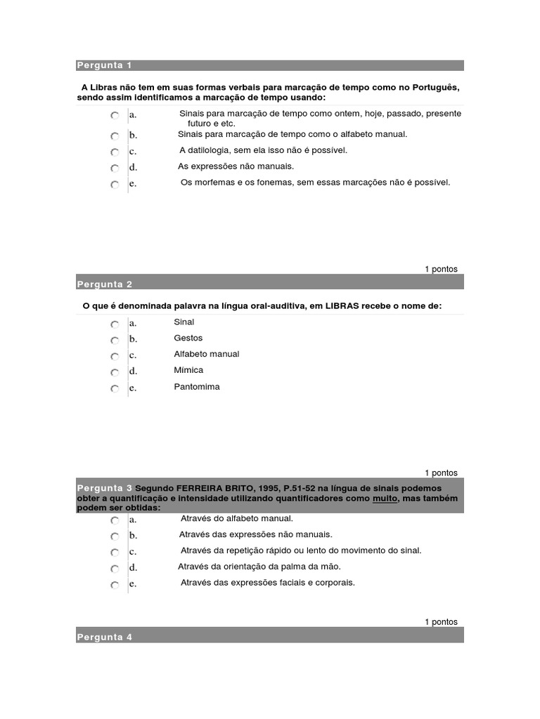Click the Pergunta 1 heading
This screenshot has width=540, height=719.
104,65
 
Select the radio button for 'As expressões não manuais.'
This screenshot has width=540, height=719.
115,169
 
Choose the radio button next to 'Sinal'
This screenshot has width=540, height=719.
115,324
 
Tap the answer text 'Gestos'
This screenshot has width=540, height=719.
188,338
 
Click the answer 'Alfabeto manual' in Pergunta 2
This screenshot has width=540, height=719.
207,355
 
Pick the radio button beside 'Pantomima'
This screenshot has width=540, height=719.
115,389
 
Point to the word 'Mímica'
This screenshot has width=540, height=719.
188,371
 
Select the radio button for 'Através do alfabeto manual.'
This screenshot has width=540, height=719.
115,521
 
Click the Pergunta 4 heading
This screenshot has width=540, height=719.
104,637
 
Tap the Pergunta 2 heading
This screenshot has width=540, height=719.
104,284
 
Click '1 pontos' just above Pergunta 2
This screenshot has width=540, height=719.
441,269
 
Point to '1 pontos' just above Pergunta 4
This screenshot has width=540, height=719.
441,621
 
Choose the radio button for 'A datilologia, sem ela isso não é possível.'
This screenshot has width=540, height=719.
115,152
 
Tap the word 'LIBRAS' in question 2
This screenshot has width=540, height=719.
341,306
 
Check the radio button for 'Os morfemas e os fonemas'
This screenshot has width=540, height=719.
115,185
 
